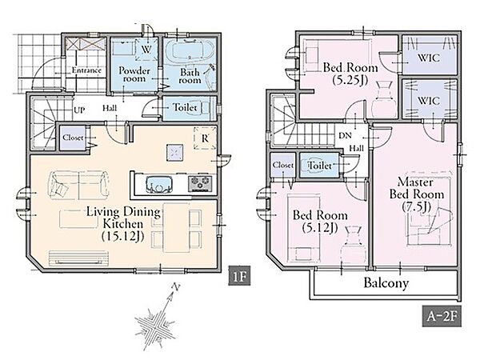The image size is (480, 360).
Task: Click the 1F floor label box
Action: pyautogui.click(x=239, y=276)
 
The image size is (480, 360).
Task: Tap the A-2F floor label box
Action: pyautogui.click(x=442, y=316)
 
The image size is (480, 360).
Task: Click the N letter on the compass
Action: pyautogui.click(x=176, y=287)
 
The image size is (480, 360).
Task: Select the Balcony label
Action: pyautogui.click(x=386, y=283)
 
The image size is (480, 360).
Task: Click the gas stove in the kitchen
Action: pyautogui.click(x=200, y=184)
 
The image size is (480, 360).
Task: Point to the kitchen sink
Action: pyautogui.click(x=158, y=184)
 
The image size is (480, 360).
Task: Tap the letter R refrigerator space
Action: pyautogui.click(x=205, y=138)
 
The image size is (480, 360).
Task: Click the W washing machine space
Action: pyautogui.click(x=146, y=49)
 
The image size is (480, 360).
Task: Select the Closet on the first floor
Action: pyautogui.click(x=73, y=138)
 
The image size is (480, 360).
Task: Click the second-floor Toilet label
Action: pyautogui.click(x=320, y=166)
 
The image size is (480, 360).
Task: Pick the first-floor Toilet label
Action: pyautogui.click(x=185, y=107)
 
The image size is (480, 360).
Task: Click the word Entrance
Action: pyautogui.click(x=86, y=70)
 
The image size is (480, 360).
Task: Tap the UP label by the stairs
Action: pyautogui.click(x=79, y=110)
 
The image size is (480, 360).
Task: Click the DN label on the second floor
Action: pyautogui.click(x=345, y=135)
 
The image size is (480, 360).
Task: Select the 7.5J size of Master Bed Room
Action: pyautogui.click(x=416, y=207)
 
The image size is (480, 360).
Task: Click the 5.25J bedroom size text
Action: pyautogui.click(x=350, y=80)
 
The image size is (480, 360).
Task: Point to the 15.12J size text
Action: pyautogui.click(x=122, y=236)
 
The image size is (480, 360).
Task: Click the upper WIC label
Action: pyautogui.click(x=429, y=58)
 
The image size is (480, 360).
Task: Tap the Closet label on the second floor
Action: pyautogui.click(x=283, y=165)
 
